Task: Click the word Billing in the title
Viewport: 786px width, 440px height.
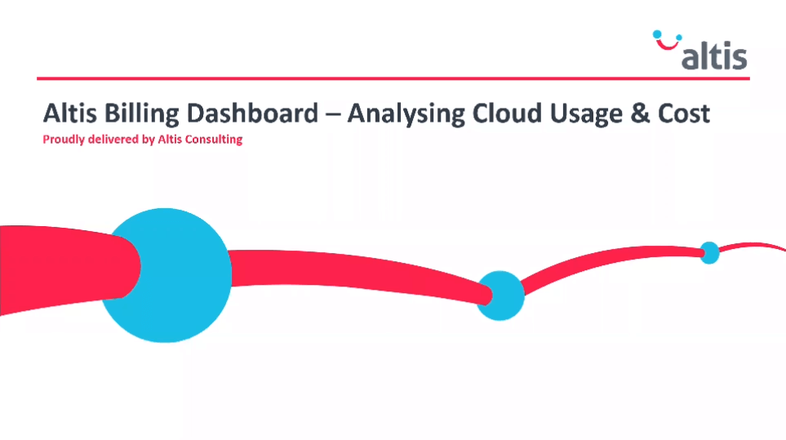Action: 141,113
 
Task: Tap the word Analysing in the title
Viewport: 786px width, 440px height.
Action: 406,113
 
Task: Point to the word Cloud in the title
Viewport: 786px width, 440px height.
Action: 507,113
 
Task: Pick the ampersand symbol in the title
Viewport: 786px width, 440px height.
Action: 639,113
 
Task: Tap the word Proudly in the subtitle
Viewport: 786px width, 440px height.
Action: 64,140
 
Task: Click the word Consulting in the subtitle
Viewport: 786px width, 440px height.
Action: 214,140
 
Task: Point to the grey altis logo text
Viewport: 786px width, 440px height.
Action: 714,56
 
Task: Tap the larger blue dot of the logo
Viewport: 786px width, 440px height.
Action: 657,34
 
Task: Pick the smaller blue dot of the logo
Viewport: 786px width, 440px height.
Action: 679,37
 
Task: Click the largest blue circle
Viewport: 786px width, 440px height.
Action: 166,275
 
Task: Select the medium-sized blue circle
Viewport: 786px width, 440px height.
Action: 500,296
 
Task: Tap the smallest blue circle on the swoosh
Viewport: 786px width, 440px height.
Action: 709,252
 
